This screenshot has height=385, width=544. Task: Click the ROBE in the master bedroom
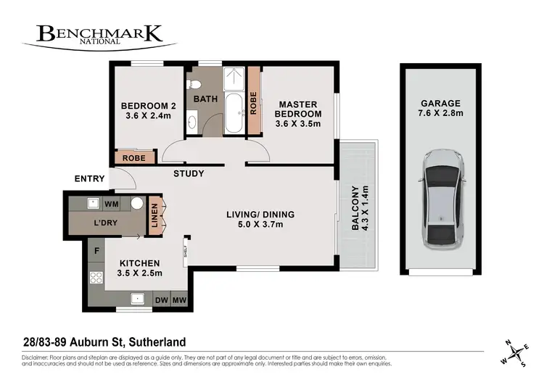(254, 102)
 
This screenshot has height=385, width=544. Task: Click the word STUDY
(189, 174)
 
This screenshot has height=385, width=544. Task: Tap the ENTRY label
(89, 179)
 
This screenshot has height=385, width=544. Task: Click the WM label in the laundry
(112, 204)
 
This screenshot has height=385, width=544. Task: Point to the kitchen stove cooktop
(94, 276)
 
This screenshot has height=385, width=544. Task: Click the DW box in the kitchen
(161, 299)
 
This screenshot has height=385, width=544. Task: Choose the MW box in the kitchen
(178, 299)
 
